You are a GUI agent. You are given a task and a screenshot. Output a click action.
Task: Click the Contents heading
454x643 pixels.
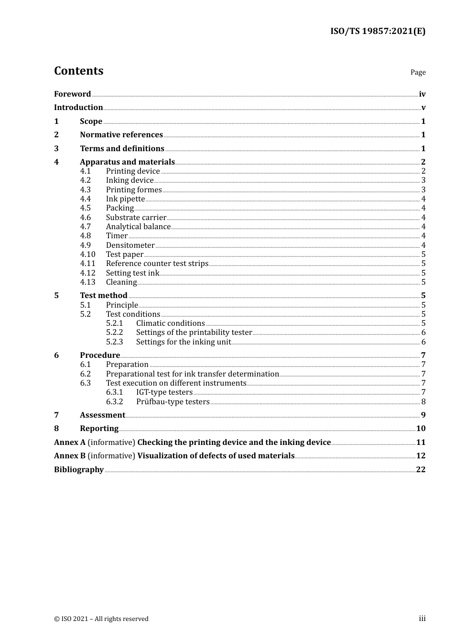[78, 71]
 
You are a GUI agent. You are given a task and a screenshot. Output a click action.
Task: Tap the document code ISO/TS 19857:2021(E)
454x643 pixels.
[378, 31]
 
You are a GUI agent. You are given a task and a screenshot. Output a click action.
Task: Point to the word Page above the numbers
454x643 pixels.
[418, 72]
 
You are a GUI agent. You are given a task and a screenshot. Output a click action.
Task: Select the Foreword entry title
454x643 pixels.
[72, 94]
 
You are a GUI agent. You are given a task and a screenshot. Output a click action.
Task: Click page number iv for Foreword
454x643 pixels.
[422, 94]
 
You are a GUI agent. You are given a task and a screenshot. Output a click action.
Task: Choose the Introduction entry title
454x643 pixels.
[78, 107]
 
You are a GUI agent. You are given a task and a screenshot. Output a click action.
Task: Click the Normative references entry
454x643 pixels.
[121, 134]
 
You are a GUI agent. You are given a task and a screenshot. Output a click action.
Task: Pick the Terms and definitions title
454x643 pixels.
[122, 148]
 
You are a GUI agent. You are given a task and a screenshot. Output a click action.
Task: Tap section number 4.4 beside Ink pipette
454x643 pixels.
[86, 199]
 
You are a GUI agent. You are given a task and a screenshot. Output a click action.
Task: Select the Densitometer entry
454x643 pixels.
[130, 245]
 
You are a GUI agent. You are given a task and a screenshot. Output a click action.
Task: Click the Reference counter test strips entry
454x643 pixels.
[157, 263]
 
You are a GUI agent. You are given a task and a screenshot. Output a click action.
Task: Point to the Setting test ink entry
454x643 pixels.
[132, 273]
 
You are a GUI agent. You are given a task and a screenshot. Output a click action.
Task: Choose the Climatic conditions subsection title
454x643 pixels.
[170, 323]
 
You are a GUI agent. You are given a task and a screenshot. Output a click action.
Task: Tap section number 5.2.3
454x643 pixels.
[114, 342]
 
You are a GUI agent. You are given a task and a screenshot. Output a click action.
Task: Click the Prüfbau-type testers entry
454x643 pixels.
[173, 401]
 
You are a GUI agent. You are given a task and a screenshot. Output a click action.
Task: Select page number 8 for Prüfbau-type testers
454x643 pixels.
[423, 401]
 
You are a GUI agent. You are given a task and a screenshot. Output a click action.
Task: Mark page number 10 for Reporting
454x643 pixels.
[421, 428]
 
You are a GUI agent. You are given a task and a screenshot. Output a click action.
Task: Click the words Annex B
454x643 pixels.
[70, 455]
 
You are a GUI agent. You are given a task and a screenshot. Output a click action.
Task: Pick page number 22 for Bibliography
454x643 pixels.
[421, 469]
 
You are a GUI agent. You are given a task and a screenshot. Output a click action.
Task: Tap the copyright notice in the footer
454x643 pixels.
[101, 619]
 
